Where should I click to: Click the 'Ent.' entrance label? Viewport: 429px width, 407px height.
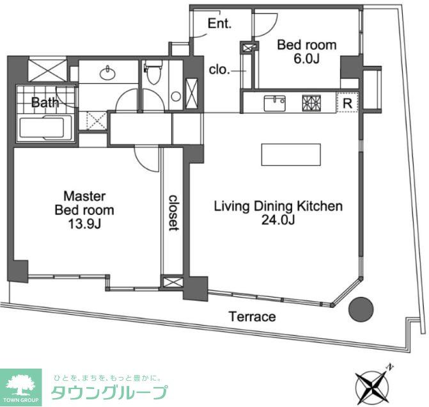pos(219,24)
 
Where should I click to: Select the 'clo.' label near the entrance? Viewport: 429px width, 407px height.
pos(219,70)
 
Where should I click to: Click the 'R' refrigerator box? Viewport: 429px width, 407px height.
pos(347,102)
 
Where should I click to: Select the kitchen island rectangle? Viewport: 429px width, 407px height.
pos(291,155)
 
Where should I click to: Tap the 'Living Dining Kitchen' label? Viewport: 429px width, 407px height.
pos(278,206)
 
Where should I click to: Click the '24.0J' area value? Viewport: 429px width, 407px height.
pos(277,221)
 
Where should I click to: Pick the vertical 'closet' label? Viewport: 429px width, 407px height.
pos(173,212)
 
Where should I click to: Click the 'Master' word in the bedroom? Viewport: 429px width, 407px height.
pos(84,196)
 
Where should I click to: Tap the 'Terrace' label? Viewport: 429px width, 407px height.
pos(253,317)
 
